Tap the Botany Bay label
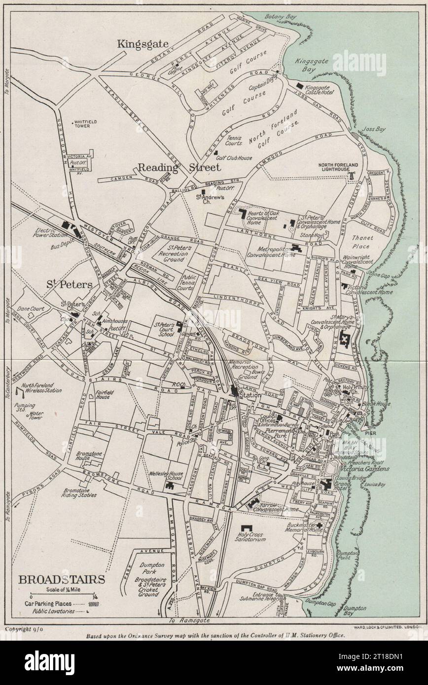point(281,17)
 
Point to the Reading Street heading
point(179,168)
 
